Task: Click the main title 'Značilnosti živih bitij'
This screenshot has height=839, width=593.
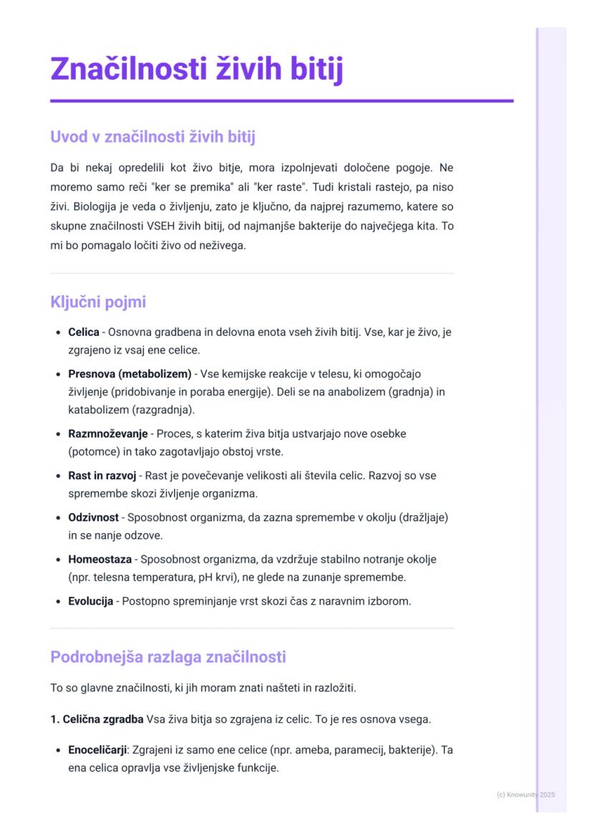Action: (x=197, y=69)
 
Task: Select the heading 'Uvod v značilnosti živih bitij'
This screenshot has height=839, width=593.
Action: (x=153, y=136)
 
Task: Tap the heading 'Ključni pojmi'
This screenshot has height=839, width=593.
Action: (x=98, y=302)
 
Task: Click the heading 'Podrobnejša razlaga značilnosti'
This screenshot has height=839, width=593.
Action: (x=168, y=656)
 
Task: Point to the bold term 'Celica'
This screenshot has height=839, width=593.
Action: (x=84, y=333)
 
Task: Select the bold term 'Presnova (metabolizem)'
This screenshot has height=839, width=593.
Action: (x=130, y=374)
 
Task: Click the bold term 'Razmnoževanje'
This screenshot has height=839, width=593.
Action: (x=107, y=434)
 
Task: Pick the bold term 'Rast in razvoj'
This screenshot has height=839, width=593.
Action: (x=102, y=476)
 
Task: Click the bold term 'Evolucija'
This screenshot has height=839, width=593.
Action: (x=90, y=601)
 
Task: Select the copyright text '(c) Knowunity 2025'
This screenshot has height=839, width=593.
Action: (x=525, y=795)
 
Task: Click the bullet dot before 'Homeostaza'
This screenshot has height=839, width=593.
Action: (x=57, y=560)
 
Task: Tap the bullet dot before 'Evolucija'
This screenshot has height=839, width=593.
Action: (x=57, y=602)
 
